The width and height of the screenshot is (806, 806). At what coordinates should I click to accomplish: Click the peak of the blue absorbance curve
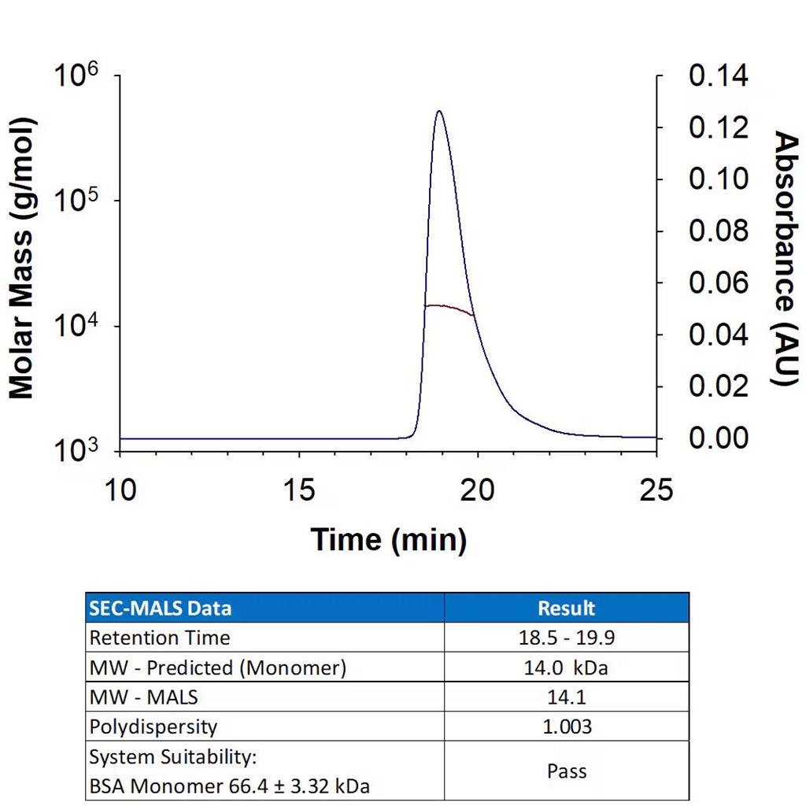pos(438,111)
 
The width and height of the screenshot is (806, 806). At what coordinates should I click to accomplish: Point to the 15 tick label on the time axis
pos(299,490)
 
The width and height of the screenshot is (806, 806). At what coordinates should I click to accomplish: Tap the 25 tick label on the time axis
pos(656,490)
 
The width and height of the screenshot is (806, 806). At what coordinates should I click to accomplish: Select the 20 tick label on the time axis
pos(478,490)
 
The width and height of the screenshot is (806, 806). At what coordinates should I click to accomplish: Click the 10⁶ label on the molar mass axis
pos(76,77)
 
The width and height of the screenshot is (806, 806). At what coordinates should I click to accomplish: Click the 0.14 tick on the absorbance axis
pos(719,76)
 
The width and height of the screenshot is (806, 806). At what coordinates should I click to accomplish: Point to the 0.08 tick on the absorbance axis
pos(719,231)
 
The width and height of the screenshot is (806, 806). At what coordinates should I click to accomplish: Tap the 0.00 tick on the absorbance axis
pos(719,438)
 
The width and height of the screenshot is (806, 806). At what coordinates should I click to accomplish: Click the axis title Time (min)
pos(389,540)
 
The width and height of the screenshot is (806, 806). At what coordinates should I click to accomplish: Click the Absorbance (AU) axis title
pos(785,258)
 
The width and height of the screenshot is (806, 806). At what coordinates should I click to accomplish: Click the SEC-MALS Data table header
pos(161,608)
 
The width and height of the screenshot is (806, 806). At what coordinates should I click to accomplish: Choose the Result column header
pos(566,608)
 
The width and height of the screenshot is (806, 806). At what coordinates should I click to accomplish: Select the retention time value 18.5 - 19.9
pos(566,638)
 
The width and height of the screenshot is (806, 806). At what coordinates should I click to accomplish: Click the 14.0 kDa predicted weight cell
pos(566,667)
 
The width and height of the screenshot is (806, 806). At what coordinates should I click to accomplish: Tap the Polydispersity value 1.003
pos(566,726)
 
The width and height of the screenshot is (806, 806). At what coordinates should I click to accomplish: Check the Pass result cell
pos(566,771)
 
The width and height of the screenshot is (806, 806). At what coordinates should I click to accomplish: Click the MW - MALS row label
pos(144,697)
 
